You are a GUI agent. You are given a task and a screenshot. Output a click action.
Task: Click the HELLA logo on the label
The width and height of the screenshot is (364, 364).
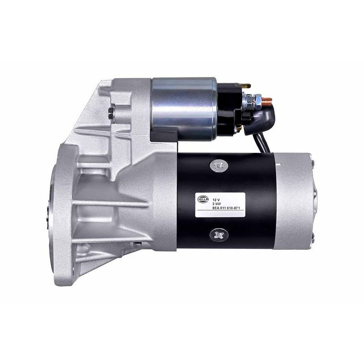[203, 199]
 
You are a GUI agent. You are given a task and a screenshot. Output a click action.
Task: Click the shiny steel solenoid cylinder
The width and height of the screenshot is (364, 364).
[184, 108]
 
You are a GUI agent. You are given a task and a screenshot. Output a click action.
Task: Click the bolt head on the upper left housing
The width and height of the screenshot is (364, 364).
[111, 113]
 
